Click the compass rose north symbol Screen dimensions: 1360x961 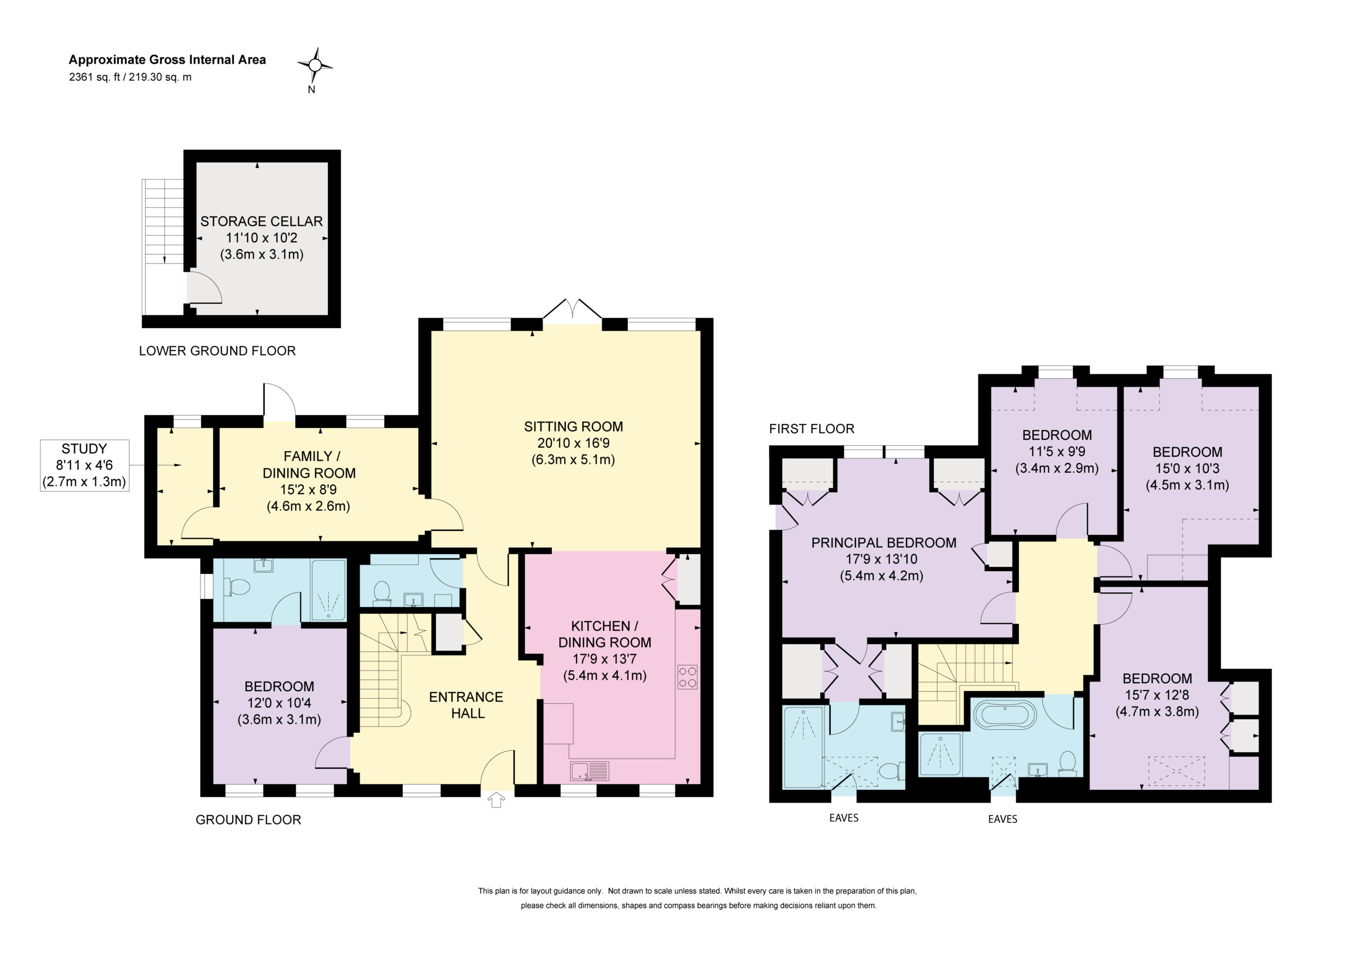315,65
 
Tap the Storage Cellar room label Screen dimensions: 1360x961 261,222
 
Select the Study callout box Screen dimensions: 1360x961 84,465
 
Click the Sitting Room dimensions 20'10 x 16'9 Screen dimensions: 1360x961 573,443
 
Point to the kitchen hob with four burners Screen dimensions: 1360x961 687,677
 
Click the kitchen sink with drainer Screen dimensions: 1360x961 589,771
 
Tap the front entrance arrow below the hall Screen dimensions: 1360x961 496,800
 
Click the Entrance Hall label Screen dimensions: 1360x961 466,705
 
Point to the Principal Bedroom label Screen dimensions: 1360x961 883,543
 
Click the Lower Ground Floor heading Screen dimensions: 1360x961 217,351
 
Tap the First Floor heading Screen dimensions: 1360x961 812,429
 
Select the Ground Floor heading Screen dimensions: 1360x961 248,820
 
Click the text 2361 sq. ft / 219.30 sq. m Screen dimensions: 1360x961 130,77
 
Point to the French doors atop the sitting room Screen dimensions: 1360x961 572,310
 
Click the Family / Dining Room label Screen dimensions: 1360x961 309,464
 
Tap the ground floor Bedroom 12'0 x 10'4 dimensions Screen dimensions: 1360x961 279,703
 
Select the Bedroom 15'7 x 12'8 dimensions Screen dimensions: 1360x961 1157,695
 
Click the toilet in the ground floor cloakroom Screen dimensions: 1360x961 381,592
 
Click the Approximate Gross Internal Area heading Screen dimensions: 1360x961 168,60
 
